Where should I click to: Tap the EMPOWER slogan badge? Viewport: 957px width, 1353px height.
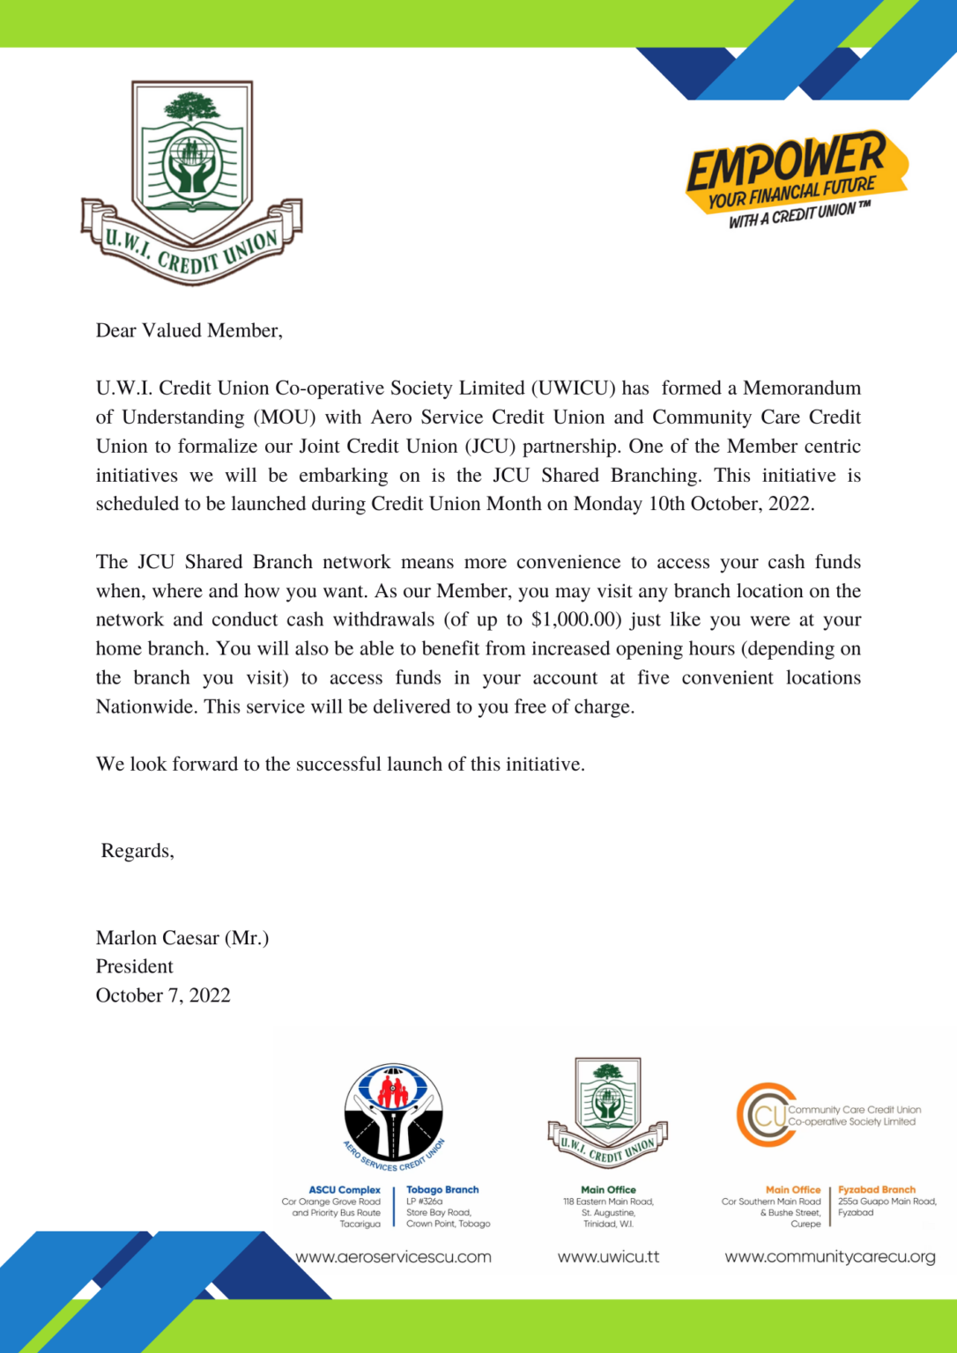796,179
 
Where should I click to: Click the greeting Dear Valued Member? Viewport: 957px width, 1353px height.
189,331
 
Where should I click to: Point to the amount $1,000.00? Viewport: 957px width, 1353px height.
576,620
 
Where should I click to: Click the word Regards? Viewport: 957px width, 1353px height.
137,851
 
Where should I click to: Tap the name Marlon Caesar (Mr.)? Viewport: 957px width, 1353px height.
182,938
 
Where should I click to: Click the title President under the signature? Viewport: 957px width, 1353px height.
135,966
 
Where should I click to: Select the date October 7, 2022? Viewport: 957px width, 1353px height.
163,995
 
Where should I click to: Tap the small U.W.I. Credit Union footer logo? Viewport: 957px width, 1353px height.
607,1113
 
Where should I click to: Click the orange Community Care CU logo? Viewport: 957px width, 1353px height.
766,1115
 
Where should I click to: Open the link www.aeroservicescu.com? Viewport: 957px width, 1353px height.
393,1257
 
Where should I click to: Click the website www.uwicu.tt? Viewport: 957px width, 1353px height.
608,1257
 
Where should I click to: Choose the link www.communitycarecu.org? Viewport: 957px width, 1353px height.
830,1257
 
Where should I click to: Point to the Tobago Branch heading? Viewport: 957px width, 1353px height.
442,1190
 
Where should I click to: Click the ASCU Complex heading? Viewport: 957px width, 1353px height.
345,1190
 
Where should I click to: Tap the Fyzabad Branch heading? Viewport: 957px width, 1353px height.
877,1190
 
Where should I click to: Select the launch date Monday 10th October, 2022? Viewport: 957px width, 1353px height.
693,504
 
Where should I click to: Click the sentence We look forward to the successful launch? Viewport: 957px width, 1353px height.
340,765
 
